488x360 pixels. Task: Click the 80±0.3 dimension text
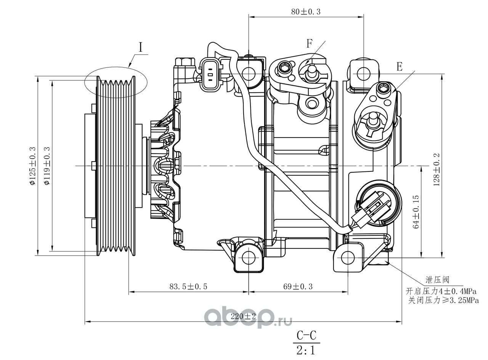(x=306, y=12)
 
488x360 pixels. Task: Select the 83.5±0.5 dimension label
(x=188, y=286)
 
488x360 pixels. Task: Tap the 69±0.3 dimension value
(x=298, y=286)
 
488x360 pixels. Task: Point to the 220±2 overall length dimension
(x=243, y=316)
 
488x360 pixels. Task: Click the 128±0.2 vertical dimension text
(x=436, y=170)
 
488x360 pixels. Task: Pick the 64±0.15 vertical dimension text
(x=416, y=212)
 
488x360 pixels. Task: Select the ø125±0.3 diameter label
(x=32, y=166)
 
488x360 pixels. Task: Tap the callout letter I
(x=141, y=47)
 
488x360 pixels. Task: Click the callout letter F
(x=309, y=43)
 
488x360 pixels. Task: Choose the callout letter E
(x=400, y=66)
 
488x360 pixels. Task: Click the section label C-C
(x=306, y=335)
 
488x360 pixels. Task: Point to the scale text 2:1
(x=306, y=350)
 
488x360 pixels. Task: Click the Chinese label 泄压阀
(x=437, y=280)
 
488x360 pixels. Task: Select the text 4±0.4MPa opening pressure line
(x=441, y=291)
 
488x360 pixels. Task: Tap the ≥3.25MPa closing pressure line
(x=443, y=300)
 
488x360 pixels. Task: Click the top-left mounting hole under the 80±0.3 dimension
(x=249, y=74)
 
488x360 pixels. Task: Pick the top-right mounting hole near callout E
(x=364, y=74)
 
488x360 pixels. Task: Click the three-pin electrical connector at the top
(x=210, y=74)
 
